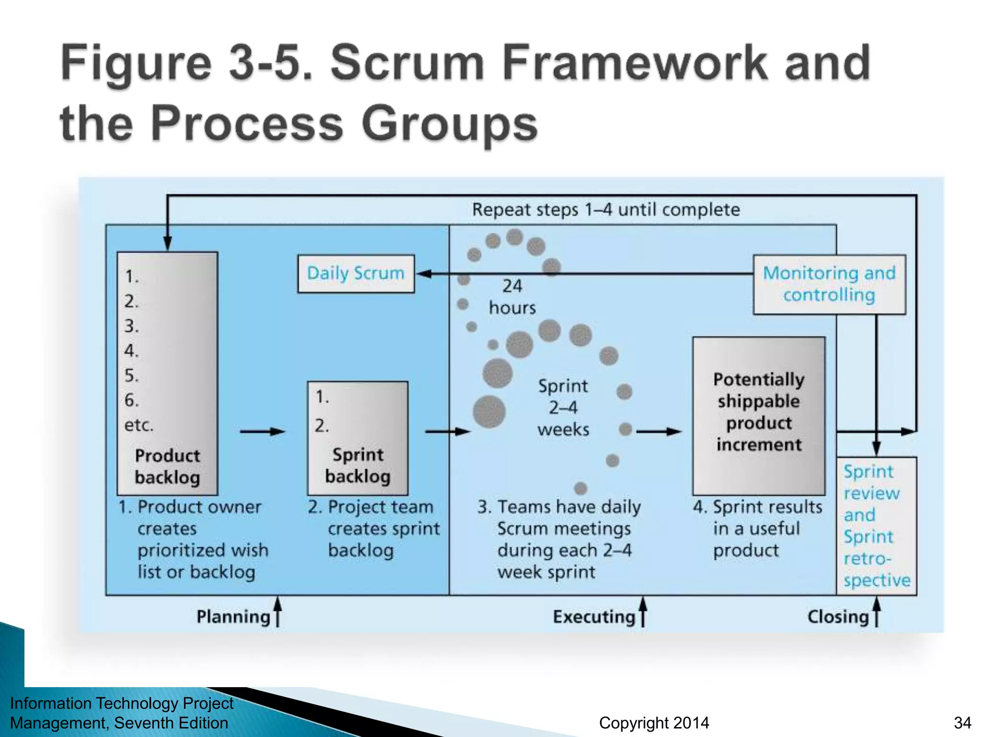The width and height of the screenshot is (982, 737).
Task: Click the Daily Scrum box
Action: pos(356,273)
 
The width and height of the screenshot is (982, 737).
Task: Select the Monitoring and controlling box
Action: pos(829,284)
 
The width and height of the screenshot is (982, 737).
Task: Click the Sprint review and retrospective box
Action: pos(876,525)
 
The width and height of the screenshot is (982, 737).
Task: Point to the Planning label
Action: pos(234,617)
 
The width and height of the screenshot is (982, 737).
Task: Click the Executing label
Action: pos(594,617)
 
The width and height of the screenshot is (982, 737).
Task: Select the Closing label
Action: pos(838,617)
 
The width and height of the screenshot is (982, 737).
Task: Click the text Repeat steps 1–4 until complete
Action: pos(606,210)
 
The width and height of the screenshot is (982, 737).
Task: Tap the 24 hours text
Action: pos(512,297)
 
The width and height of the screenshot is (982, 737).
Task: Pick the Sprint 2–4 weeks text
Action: pos(563,407)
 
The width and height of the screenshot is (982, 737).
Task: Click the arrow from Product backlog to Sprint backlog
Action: pos(262,431)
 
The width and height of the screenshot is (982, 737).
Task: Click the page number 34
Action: pos(962,723)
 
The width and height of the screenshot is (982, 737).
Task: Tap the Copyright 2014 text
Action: pos(654,723)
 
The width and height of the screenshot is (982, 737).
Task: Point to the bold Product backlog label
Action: pos(167,466)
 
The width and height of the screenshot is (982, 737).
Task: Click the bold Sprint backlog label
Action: pos(358,465)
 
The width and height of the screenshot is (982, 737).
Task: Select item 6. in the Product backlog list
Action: pos(131,400)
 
